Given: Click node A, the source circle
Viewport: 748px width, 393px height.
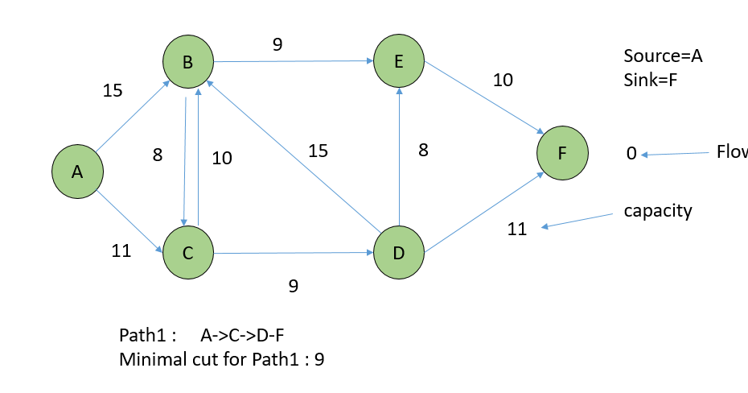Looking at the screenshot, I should coord(77,172).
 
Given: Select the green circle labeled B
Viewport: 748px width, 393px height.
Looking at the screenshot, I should coord(187,61).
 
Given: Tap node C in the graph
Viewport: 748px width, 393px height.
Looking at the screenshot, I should coord(187,253).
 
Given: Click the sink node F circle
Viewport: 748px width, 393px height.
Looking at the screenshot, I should coord(563,151).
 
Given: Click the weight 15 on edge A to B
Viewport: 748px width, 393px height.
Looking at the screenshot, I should coord(113,90).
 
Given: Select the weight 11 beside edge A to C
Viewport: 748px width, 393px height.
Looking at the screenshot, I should coord(121,250).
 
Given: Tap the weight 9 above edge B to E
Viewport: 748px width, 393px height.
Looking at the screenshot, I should coord(277,45).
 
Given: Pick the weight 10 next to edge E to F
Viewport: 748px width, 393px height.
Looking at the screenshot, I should coord(503,80).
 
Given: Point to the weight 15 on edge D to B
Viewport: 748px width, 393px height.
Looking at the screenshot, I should coord(319,150).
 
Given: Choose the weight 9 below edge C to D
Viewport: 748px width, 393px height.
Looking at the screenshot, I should coord(294,285).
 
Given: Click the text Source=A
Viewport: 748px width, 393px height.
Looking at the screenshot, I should coord(663,56).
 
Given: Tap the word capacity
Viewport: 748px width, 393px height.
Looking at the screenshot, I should coord(658,211).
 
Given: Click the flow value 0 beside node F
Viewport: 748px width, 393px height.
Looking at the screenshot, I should coord(631,153).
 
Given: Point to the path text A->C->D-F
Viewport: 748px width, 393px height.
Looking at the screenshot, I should coord(253,335).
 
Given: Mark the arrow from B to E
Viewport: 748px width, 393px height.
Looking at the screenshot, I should coord(293,61).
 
